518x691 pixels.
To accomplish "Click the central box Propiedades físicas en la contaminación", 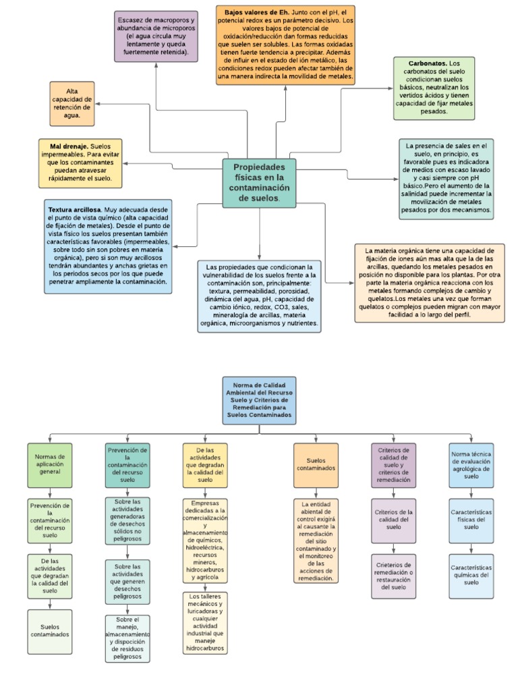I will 259,183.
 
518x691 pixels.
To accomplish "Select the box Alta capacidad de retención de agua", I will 72,103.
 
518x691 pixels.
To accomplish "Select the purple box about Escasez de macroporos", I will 155,36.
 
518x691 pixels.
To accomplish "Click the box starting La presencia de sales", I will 446,179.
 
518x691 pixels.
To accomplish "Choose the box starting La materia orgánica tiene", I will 430,283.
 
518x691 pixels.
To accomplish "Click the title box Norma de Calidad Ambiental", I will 259,401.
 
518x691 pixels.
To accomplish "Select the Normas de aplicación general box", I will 49,465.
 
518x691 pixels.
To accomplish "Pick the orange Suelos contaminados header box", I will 315,465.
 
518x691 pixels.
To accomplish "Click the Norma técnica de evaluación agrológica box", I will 471,465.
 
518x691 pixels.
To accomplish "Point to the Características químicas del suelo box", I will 471,576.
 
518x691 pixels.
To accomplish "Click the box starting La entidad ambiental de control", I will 315,541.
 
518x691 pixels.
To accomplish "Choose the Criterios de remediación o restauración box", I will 393,576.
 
